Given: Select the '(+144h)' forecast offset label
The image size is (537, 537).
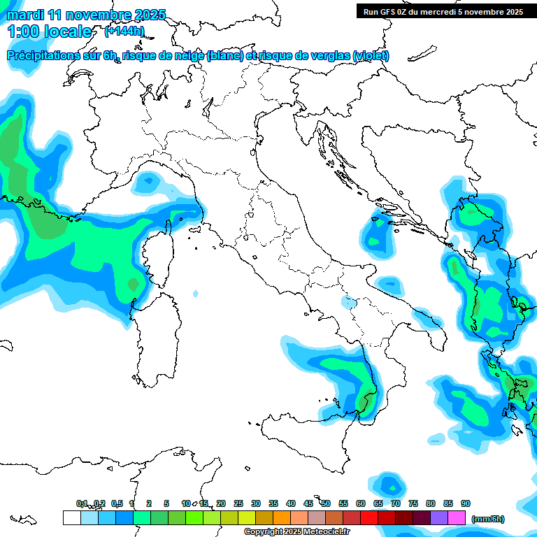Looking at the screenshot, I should [124, 31].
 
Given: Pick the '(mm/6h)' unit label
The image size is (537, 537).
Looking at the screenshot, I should [488, 519].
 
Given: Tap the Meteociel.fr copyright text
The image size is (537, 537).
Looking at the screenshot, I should [296, 532].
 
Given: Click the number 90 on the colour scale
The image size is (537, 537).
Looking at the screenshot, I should [466, 503].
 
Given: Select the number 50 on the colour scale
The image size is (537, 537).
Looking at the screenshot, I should [326, 503].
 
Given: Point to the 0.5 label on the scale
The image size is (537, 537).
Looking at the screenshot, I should [117, 503].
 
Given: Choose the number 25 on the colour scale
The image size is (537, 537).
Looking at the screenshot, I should [238, 503].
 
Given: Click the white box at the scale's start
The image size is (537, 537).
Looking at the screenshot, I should [71, 517].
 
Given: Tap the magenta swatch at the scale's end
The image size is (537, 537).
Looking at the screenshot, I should [457, 517].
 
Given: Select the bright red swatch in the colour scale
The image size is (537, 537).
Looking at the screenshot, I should [369, 517].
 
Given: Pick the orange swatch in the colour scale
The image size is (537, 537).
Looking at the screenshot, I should [282, 517].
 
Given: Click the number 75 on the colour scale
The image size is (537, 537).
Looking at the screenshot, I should [413, 503].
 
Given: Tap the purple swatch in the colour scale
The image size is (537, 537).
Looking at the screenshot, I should [439, 517].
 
